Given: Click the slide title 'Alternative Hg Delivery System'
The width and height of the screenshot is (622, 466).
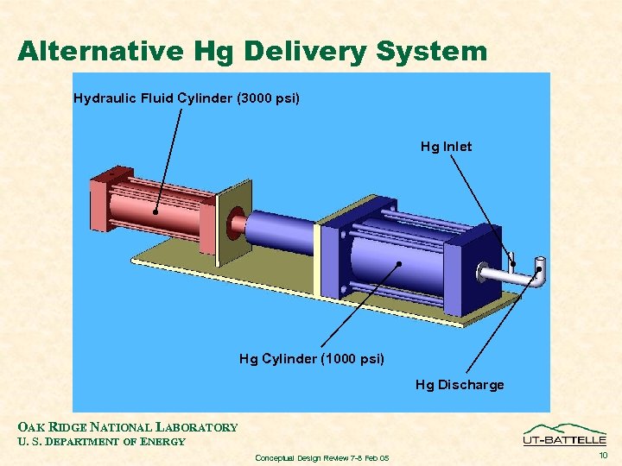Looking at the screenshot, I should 252,51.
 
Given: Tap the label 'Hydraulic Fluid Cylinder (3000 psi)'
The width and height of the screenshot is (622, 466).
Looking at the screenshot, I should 187,98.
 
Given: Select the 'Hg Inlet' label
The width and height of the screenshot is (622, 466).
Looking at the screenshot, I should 446,147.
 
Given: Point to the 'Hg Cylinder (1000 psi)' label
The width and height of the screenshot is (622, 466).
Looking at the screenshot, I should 312,358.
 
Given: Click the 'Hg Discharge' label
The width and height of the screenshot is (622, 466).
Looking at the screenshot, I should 460,385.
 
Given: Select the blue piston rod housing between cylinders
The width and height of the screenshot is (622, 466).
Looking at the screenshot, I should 281,231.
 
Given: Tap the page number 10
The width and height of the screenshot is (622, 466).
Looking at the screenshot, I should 603,455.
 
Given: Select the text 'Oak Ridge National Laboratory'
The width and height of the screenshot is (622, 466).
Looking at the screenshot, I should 128,427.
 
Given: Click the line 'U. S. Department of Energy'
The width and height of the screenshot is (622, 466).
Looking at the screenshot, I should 101,442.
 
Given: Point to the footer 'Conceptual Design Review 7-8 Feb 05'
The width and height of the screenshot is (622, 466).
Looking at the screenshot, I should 322,457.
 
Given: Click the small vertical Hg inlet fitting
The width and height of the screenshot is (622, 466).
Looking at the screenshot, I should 512,258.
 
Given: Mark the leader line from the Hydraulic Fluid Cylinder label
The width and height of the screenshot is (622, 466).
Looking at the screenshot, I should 169,160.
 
